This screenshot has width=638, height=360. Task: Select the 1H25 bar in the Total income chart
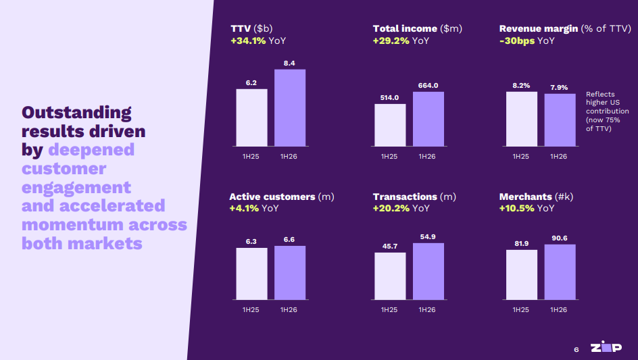pyautogui.click(x=390, y=125)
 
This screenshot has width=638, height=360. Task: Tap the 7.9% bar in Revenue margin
pyautogui.click(x=559, y=120)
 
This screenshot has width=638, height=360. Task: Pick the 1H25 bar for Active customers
pyautogui.click(x=251, y=273)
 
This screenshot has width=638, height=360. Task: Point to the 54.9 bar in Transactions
pyautogui.click(x=428, y=271)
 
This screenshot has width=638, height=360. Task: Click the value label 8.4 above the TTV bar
pyautogui.click(x=289, y=63)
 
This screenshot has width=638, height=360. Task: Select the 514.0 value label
pyautogui.click(x=389, y=97)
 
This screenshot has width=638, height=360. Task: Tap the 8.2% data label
pyautogui.click(x=521, y=86)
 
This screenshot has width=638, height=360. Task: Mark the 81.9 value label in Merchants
pyautogui.click(x=521, y=243)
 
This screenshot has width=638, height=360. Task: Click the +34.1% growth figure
pyautogui.click(x=248, y=41)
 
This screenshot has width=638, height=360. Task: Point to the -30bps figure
pyautogui.click(x=518, y=41)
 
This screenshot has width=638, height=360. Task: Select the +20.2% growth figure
pyautogui.click(x=391, y=208)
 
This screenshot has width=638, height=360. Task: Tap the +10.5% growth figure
pyautogui.click(x=517, y=208)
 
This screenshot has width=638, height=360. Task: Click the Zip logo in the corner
pyautogui.click(x=606, y=347)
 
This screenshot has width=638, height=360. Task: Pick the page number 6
pyautogui.click(x=576, y=349)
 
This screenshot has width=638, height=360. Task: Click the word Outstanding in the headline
pyautogui.click(x=76, y=112)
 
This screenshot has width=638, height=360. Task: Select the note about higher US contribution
pyautogui.click(x=607, y=111)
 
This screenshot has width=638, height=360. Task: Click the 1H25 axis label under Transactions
pyautogui.click(x=389, y=309)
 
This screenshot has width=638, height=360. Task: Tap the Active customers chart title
pyautogui.click(x=272, y=197)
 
